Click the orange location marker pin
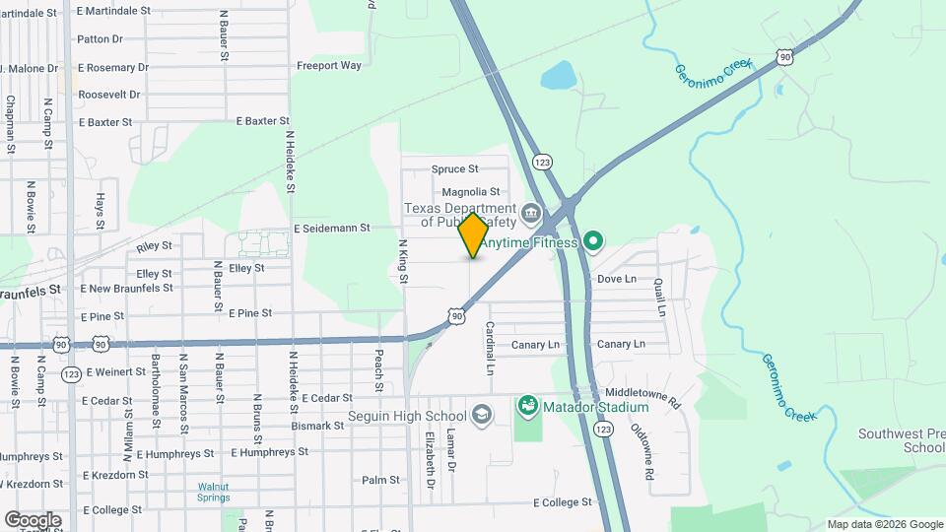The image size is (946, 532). (x=474, y=235)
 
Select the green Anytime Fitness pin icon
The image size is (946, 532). (x=592, y=240)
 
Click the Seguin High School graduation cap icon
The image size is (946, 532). (x=482, y=413)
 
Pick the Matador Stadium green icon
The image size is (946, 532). (x=528, y=405)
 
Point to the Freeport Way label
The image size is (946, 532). (x=329, y=66)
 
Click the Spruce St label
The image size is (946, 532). (x=454, y=169)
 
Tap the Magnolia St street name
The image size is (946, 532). (x=471, y=192)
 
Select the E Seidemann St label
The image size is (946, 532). (x=331, y=228)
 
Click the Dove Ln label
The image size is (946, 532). (x=617, y=279)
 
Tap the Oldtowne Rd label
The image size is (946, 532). (x=642, y=451)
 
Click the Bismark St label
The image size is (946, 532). (x=317, y=427)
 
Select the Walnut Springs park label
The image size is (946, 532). (x=213, y=492)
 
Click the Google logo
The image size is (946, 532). (x=33, y=519)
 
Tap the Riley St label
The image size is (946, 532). (x=155, y=245)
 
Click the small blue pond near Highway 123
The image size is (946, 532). (x=558, y=76)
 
